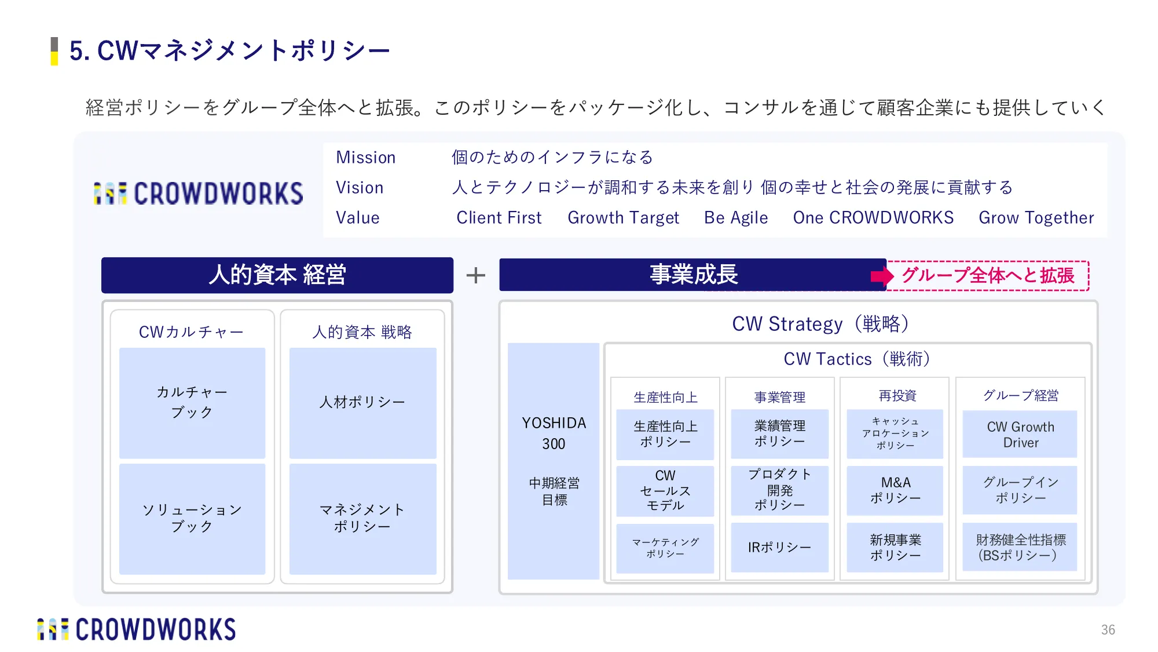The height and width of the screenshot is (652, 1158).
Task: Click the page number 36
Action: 1108,630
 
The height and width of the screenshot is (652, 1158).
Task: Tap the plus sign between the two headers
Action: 476,275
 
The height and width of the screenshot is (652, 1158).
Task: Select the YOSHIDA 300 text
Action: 554,434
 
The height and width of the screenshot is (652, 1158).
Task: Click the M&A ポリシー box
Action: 895,490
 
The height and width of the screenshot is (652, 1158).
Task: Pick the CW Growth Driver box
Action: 1020,434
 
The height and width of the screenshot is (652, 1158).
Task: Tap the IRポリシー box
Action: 780,547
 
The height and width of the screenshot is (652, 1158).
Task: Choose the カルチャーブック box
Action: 192,403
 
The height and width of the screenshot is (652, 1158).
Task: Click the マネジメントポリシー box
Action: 363,519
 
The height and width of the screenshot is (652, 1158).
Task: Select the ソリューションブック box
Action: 192,519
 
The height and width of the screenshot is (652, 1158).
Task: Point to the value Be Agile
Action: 736,218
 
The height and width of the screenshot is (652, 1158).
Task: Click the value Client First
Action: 499,218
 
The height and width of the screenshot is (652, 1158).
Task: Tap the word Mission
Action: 366,158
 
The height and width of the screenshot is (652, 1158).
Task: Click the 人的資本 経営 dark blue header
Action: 277,275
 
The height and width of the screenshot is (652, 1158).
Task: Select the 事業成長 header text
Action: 694,274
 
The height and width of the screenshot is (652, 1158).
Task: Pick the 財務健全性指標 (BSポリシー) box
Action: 1020,547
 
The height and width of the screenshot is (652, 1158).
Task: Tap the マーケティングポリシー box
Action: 665,548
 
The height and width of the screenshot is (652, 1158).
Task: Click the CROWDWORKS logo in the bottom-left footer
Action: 137,630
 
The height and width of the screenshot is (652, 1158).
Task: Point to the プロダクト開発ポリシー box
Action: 780,490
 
